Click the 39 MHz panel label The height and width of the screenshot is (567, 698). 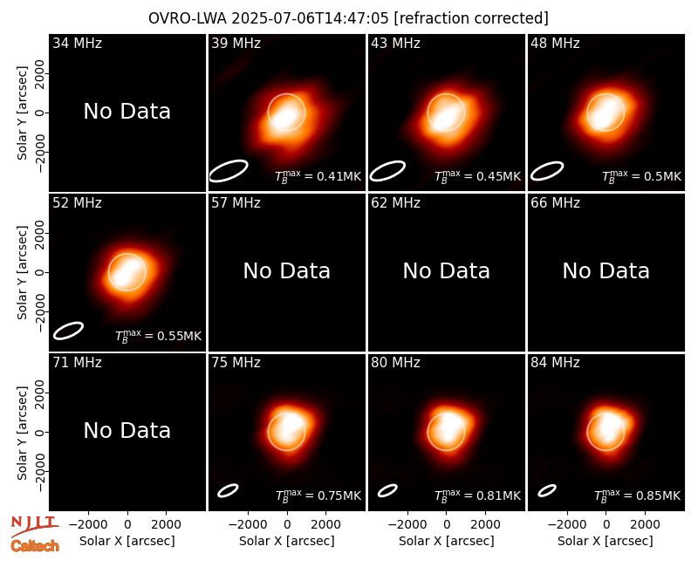[236, 43]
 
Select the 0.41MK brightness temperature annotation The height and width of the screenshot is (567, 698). [318, 176]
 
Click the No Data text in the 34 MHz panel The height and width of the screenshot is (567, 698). [127, 112]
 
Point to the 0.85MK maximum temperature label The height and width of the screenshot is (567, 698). [638, 495]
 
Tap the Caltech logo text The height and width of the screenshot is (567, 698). [35, 546]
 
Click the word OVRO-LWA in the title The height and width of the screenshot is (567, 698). [188, 18]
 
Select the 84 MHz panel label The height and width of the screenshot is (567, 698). [555, 363]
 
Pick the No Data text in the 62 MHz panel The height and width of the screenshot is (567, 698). [447, 271]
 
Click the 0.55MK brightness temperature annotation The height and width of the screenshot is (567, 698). [159, 336]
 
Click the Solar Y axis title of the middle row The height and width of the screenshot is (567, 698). [22, 272]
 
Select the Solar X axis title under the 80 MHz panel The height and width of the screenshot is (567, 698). [447, 541]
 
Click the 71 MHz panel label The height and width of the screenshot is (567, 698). [77, 363]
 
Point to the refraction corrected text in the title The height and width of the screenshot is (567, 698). [471, 18]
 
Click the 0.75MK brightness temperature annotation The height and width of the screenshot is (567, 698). [318, 495]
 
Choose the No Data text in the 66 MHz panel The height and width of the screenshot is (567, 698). [606, 271]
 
